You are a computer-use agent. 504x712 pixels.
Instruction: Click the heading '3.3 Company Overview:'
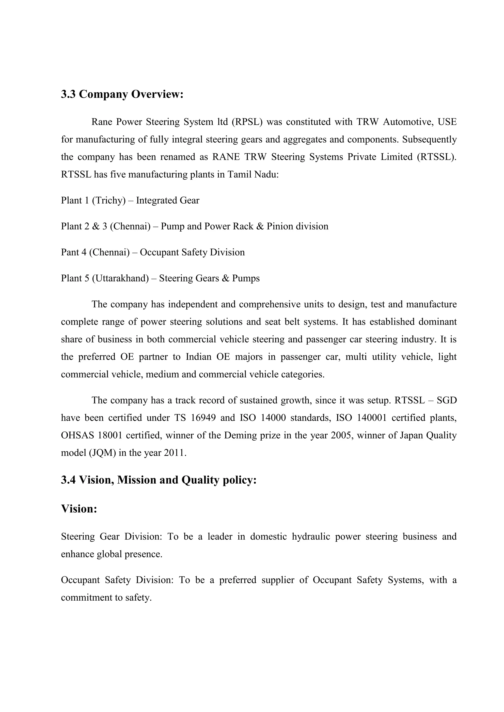(122, 94)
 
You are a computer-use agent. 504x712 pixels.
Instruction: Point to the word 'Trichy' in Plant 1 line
(109, 200)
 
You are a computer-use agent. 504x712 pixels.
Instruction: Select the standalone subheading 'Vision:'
(79, 509)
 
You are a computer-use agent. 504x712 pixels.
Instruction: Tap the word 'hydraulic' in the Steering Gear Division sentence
(311, 536)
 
